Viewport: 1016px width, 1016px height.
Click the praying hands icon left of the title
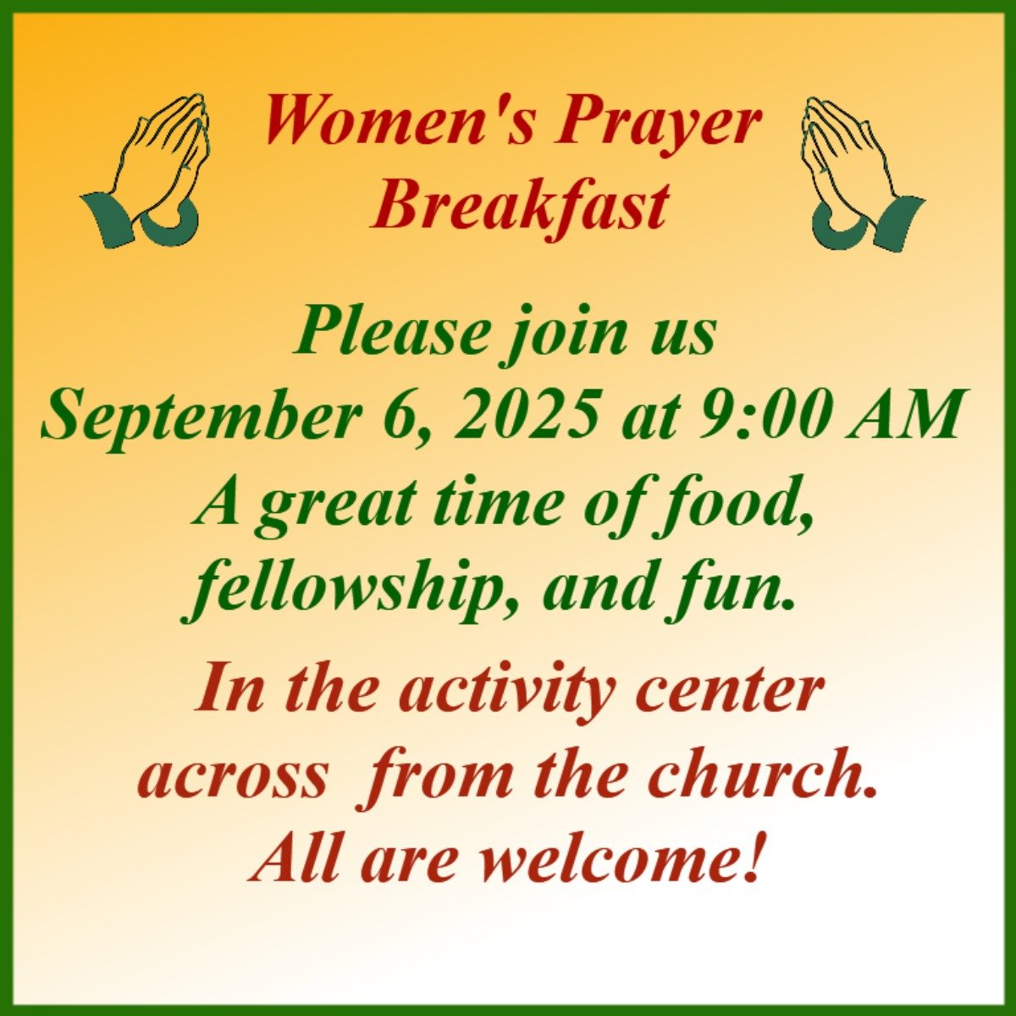pos(145,170)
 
